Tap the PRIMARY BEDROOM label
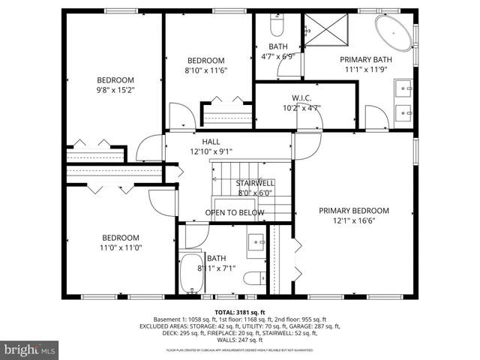[x=354, y=211]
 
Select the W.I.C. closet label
[x=301, y=98]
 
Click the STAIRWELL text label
[x=255, y=183]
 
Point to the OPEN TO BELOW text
[x=235, y=213]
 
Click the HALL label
[x=211, y=141]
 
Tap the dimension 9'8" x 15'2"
[x=115, y=90]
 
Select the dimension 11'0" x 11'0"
[x=121, y=247]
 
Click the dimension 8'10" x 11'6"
[x=206, y=70]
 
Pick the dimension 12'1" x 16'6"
[x=354, y=220]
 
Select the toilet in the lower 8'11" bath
[x=253, y=277]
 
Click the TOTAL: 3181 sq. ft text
[x=239, y=310]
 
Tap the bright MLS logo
[x=30, y=349]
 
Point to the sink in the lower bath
[x=256, y=241]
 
